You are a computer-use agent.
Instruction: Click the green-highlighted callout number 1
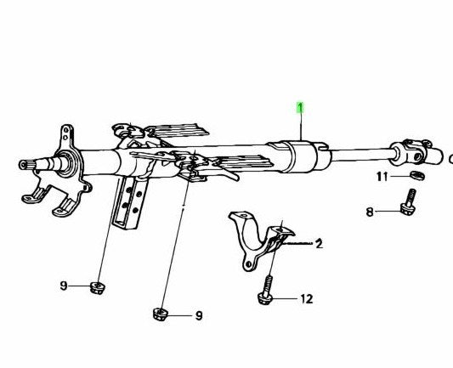301,108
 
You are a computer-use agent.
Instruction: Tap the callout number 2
319,244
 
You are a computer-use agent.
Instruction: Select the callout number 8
370,212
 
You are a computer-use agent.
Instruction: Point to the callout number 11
382,177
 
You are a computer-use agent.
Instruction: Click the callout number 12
307,299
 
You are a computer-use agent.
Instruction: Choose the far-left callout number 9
64,286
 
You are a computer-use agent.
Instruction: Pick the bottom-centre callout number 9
199,315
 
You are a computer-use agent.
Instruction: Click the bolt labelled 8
409,202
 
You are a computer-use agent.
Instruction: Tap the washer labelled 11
417,175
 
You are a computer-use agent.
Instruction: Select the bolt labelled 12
266,292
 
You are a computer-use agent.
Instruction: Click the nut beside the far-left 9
98,288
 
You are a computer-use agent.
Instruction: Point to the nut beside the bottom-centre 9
161,314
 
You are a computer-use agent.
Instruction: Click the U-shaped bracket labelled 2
260,240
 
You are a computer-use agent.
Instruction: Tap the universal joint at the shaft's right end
416,152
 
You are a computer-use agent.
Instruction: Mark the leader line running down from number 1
301,127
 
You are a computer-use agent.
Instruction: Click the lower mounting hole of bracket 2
247,264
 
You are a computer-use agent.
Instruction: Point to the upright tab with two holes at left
66,136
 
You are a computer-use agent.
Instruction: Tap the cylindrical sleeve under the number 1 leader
301,156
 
